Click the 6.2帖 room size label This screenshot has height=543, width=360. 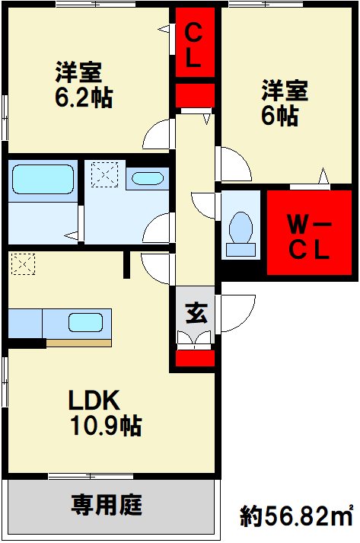pos(84,97)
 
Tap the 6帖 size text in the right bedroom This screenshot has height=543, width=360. pos(279,116)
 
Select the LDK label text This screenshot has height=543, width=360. pos(94,400)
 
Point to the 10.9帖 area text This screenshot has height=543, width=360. pos(106,426)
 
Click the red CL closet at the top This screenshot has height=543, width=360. pos(196,42)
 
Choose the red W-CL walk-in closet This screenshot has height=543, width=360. pos(310,232)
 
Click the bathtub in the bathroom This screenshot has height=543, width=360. pos(43,179)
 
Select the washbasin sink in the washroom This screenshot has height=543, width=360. pos(148,178)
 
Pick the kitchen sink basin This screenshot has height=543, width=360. pos(85,322)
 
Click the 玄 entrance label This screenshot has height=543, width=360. pos(197,313)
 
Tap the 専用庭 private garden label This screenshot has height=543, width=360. pos(107,505)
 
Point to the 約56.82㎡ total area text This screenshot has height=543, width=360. pos(297,516)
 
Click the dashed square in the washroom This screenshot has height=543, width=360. pos(104,174)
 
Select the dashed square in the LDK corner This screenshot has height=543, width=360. pos(23,264)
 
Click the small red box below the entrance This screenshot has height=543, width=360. pos(196,358)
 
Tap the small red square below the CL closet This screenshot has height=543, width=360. pos(196,95)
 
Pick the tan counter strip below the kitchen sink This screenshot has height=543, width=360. pos(79,343)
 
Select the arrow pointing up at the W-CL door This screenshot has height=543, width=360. pos(323,176)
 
